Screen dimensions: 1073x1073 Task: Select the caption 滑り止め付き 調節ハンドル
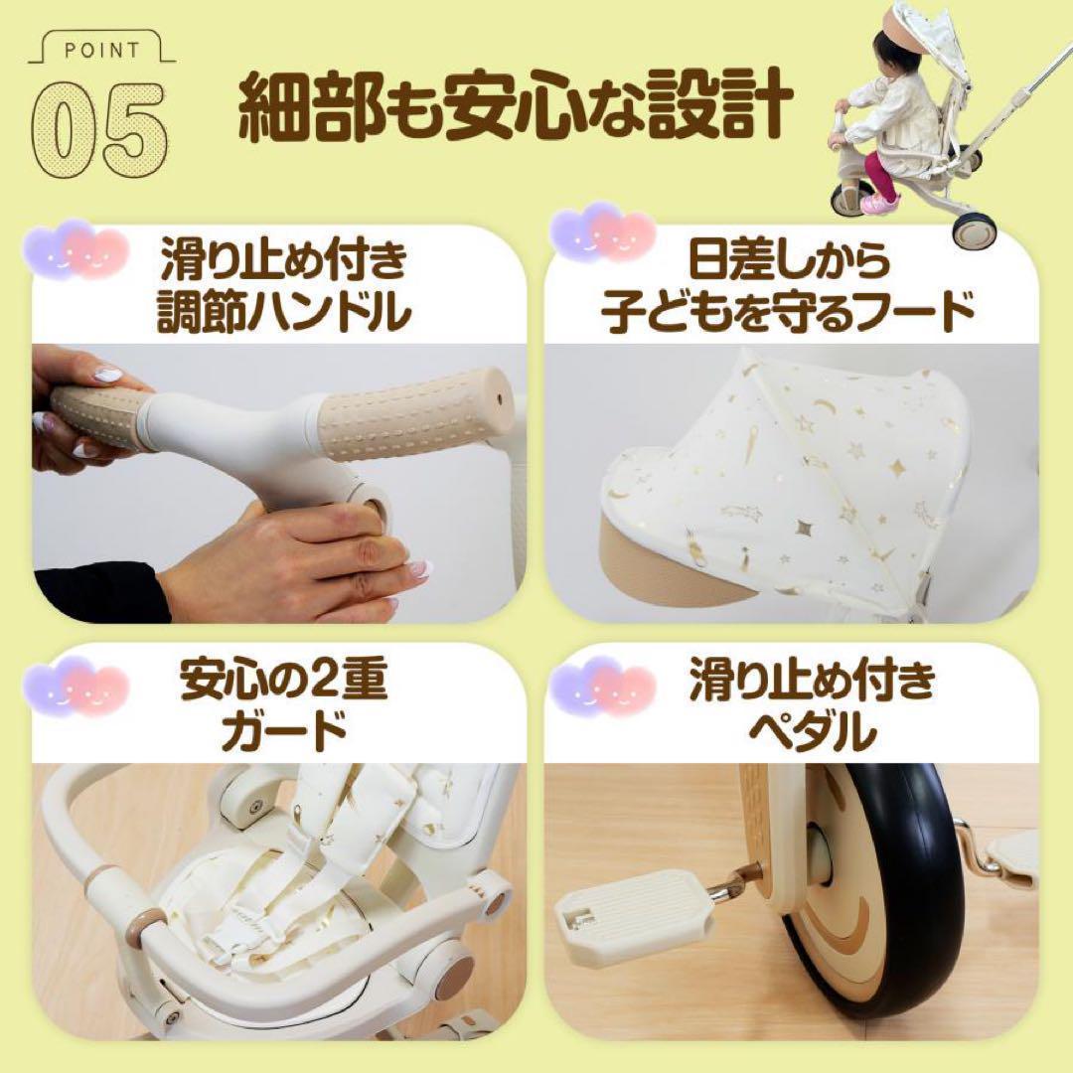coord(284,288)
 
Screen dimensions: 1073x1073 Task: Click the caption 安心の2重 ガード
coord(284,706)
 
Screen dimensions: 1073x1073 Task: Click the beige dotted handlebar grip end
coord(417,413)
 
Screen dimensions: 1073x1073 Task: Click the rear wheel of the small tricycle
coord(970,230)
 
